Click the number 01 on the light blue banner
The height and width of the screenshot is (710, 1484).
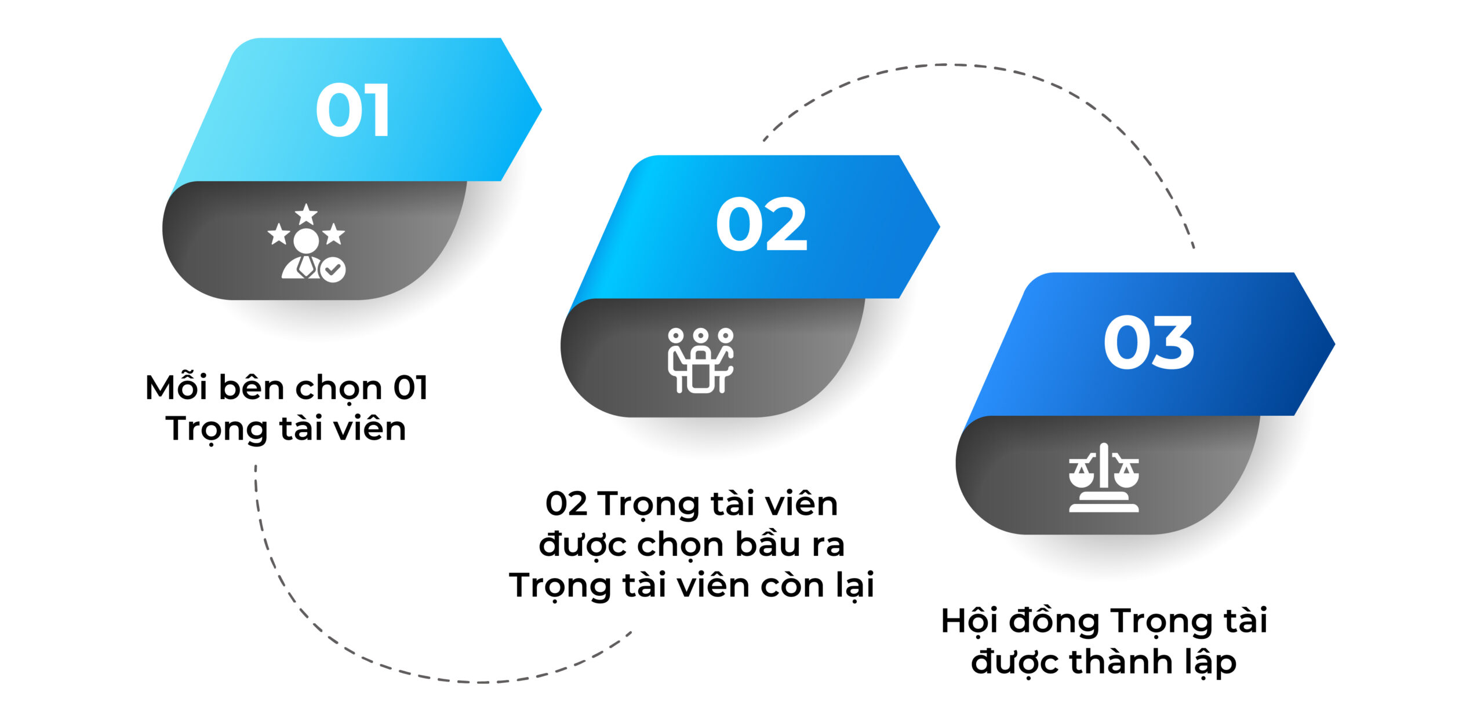click(x=352, y=109)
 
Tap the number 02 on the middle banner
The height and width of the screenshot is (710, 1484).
click(x=762, y=224)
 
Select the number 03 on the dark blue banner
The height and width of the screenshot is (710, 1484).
click(x=1148, y=342)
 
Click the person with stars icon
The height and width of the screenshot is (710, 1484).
click(x=306, y=243)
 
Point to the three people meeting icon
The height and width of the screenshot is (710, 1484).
click(x=701, y=360)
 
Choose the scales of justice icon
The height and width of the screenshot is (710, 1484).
click(x=1104, y=478)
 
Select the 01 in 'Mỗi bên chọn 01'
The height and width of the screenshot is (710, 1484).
click(x=410, y=387)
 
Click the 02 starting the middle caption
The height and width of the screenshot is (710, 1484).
click(x=566, y=504)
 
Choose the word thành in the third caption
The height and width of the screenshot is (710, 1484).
click(x=1121, y=661)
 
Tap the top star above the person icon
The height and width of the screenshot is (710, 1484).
click(x=306, y=214)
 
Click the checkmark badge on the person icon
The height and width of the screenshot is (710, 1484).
click(x=333, y=269)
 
